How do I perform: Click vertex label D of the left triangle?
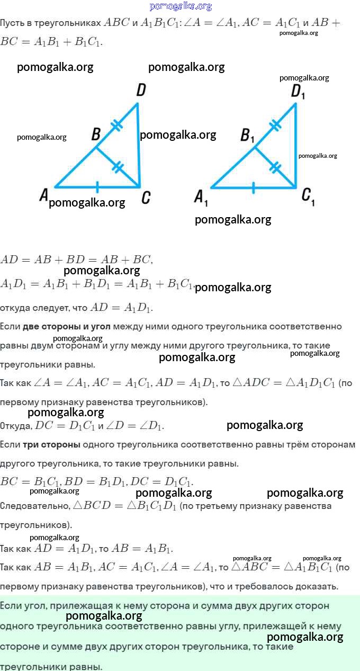point(141,90)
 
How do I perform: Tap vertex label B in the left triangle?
point(96,135)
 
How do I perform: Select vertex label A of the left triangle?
point(44,195)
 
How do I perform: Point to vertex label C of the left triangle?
point(146,198)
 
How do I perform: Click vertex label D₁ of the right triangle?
point(298,92)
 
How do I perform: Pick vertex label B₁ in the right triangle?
point(247,136)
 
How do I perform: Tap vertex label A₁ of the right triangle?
point(201,199)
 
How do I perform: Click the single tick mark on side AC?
point(97,187)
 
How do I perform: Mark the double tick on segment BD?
point(116,126)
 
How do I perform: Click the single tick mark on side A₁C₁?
point(253,187)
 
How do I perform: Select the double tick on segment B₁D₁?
point(275,125)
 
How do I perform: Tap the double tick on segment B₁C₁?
point(275,167)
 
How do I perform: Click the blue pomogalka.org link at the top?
point(181,6)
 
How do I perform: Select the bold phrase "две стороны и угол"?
point(66,326)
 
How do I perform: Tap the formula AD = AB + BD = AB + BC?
point(76,260)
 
